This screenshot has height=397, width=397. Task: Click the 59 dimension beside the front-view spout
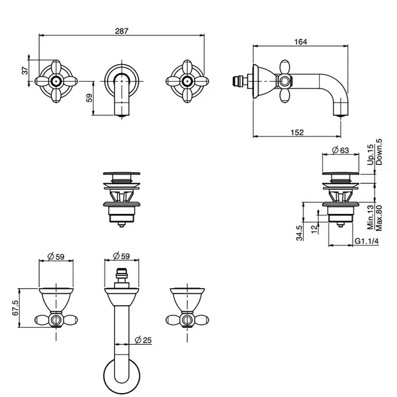[89, 98]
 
